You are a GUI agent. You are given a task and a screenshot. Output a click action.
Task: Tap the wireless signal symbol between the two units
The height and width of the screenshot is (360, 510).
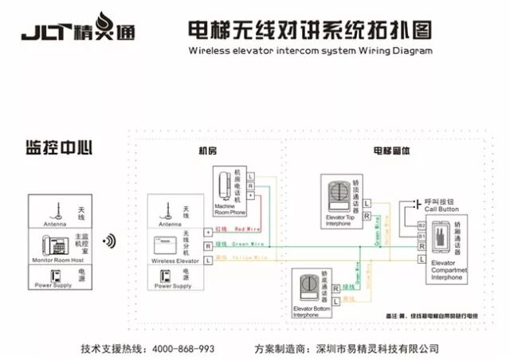pos(110,241)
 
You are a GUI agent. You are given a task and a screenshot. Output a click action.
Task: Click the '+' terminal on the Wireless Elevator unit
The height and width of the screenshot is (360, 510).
pos(209,231)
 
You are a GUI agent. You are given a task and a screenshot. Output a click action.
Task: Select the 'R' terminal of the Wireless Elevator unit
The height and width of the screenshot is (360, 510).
pos(209,246)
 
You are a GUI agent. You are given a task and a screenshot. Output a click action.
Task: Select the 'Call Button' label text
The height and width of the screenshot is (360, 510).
pos(441,209)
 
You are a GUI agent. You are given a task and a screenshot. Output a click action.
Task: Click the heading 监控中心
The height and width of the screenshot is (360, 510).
pos(60,148)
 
